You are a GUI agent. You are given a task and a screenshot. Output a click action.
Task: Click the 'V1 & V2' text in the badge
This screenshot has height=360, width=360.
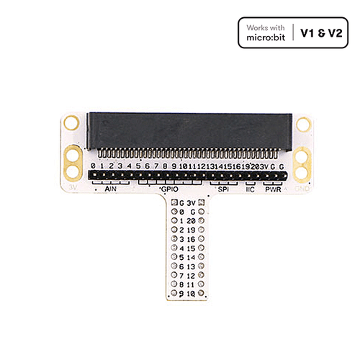coord(320,34)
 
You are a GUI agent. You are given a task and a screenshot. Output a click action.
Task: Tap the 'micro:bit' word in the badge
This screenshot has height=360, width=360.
coord(266,39)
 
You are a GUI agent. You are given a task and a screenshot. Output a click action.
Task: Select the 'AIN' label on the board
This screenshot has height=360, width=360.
coord(111,189)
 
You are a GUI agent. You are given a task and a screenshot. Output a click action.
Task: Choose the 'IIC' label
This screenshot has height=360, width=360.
coord(250,189)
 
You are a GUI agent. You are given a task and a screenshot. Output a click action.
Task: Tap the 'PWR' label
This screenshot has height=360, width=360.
coord(273,189)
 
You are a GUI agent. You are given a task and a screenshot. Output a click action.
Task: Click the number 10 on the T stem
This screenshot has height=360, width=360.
coord(192,293)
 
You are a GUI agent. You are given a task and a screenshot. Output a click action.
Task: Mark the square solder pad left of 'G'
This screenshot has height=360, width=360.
coord(174,204)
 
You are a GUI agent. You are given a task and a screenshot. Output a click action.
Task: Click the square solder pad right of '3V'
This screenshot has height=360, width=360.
coord(202,203)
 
